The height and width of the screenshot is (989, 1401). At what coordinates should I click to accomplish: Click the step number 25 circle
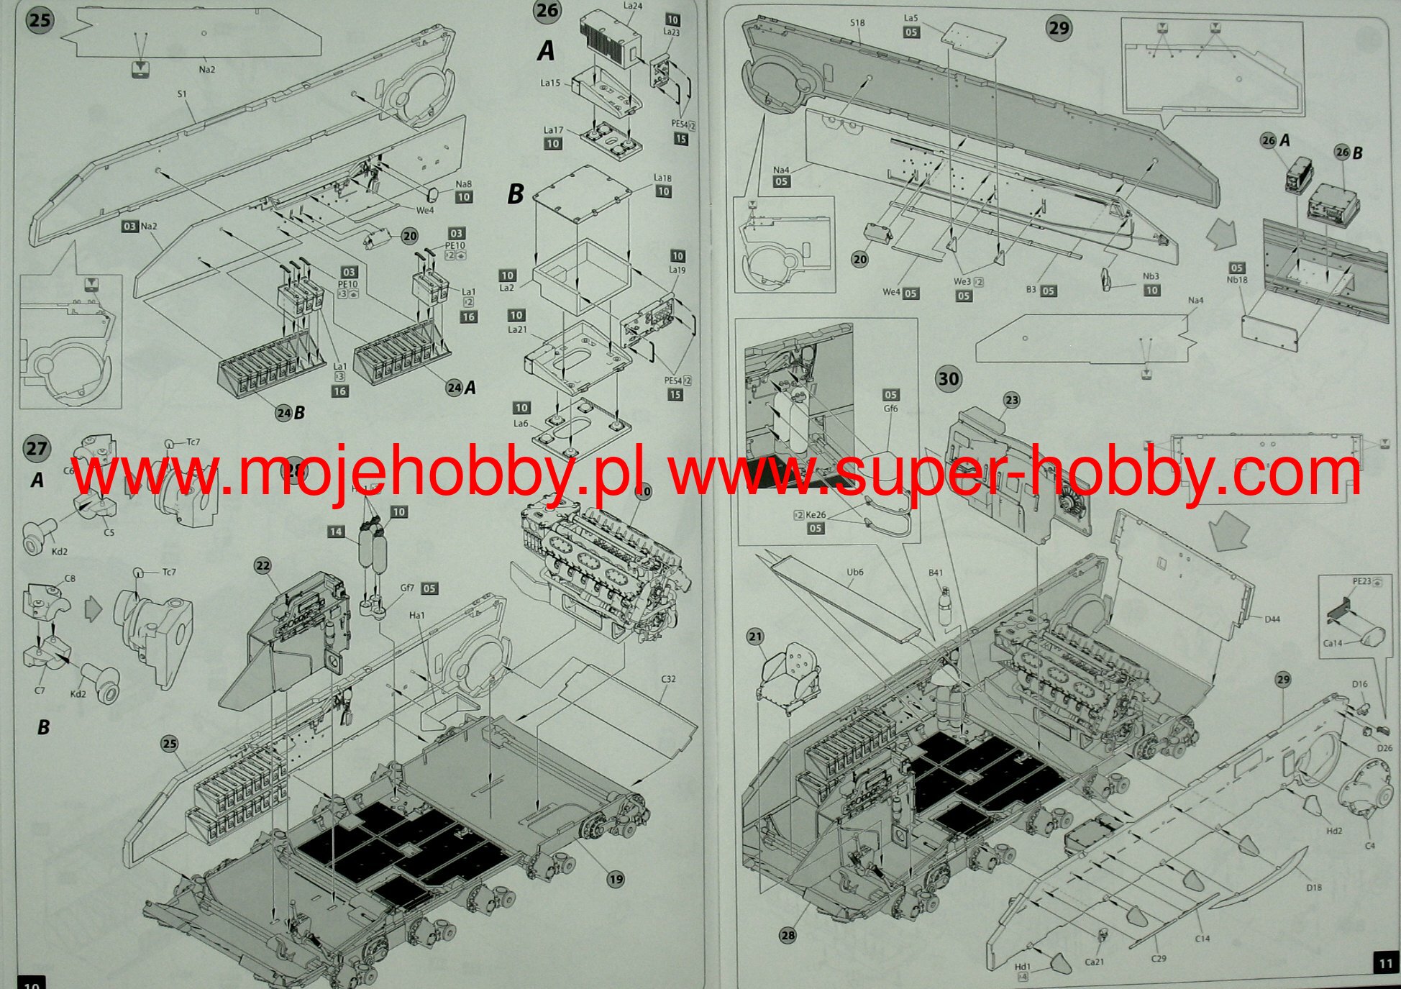(x=40, y=19)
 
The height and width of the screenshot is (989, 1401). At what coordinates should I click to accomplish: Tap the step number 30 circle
(x=949, y=379)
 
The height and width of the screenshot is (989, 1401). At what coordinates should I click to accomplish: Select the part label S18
(x=857, y=23)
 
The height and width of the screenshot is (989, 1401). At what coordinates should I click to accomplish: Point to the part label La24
(x=633, y=6)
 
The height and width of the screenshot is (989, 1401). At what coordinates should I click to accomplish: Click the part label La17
(x=553, y=130)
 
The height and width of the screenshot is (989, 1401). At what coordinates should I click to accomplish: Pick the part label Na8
(x=464, y=184)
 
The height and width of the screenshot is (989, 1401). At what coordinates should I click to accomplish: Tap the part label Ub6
(x=855, y=573)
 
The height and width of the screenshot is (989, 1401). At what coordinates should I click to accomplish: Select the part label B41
(x=935, y=573)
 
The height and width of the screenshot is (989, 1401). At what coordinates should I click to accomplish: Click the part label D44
(x=1272, y=619)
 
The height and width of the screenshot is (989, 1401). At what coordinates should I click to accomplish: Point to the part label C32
(x=668, y=679)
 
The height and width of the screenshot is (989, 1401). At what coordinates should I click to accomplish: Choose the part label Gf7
(x=407, y=588)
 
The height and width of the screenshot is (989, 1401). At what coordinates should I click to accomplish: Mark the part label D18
(x=1314, y=888)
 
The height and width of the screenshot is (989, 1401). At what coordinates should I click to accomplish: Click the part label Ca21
(x=1094, y=962)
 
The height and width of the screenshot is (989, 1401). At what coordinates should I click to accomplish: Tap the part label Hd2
(x=1334, y=831)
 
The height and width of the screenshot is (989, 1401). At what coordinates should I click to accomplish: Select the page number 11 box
(x=1385, y=963)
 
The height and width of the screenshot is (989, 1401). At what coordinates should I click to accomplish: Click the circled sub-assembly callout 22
(x=263, y=566)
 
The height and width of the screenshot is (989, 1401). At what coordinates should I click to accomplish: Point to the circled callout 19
(x=616, y=879)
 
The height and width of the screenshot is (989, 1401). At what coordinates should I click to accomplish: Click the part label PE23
(x=1362, y=581)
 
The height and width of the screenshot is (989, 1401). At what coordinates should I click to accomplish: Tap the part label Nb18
(x=1237, y=280)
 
